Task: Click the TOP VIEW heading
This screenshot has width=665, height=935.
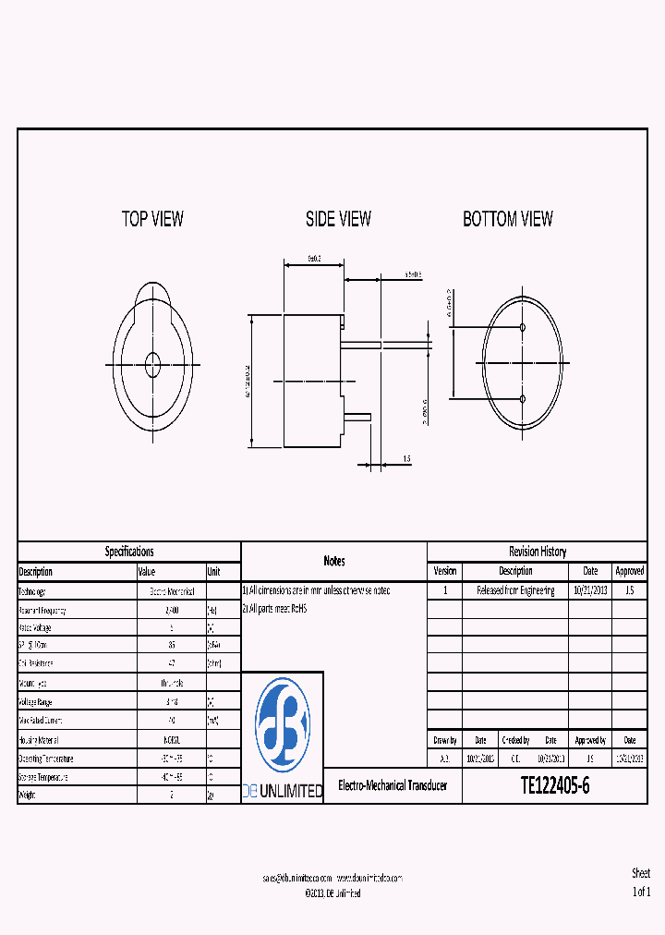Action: (x=152, y=219)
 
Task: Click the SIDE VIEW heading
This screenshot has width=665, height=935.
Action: (x=338, y=219)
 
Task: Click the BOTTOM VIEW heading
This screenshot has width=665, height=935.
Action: (x=508, y=219)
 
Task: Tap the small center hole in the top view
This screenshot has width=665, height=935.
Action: (x=152, y=364)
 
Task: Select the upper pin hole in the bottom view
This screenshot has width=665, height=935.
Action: (x=523, y=328)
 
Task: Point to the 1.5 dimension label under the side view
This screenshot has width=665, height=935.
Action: (x=406, y=458)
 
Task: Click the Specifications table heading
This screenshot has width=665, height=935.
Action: (x=129, y=552)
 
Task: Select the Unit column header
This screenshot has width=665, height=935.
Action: (x=214, y=572)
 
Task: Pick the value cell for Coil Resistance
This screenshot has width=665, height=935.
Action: (x=172, y=663)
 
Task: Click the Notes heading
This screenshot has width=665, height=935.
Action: (x=334, y=561)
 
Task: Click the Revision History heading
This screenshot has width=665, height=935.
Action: (x=538, y=552)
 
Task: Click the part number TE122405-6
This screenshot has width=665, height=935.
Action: (x=554, y=786)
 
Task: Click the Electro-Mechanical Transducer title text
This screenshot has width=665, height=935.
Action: (x=393, y=786)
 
